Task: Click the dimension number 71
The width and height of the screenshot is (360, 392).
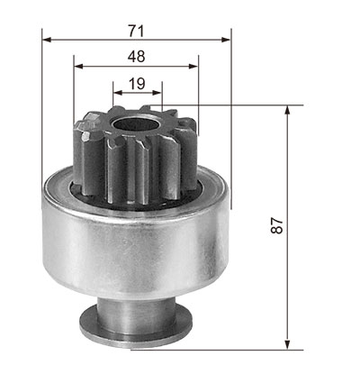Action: (137, 31)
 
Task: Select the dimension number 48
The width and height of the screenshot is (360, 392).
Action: (137, 56)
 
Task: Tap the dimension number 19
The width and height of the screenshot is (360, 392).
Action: (137, 84)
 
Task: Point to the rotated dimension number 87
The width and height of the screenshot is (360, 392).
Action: (277, 225)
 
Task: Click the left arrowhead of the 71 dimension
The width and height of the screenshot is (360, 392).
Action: (47, 40)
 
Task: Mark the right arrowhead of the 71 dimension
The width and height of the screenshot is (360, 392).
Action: (226, 40)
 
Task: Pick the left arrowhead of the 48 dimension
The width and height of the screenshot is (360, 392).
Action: (78, 67)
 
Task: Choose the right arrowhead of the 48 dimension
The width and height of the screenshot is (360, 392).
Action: (193, 67)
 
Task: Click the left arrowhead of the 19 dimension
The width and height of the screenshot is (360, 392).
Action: (118, 93)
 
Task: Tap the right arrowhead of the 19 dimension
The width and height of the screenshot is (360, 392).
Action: (157, 93)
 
